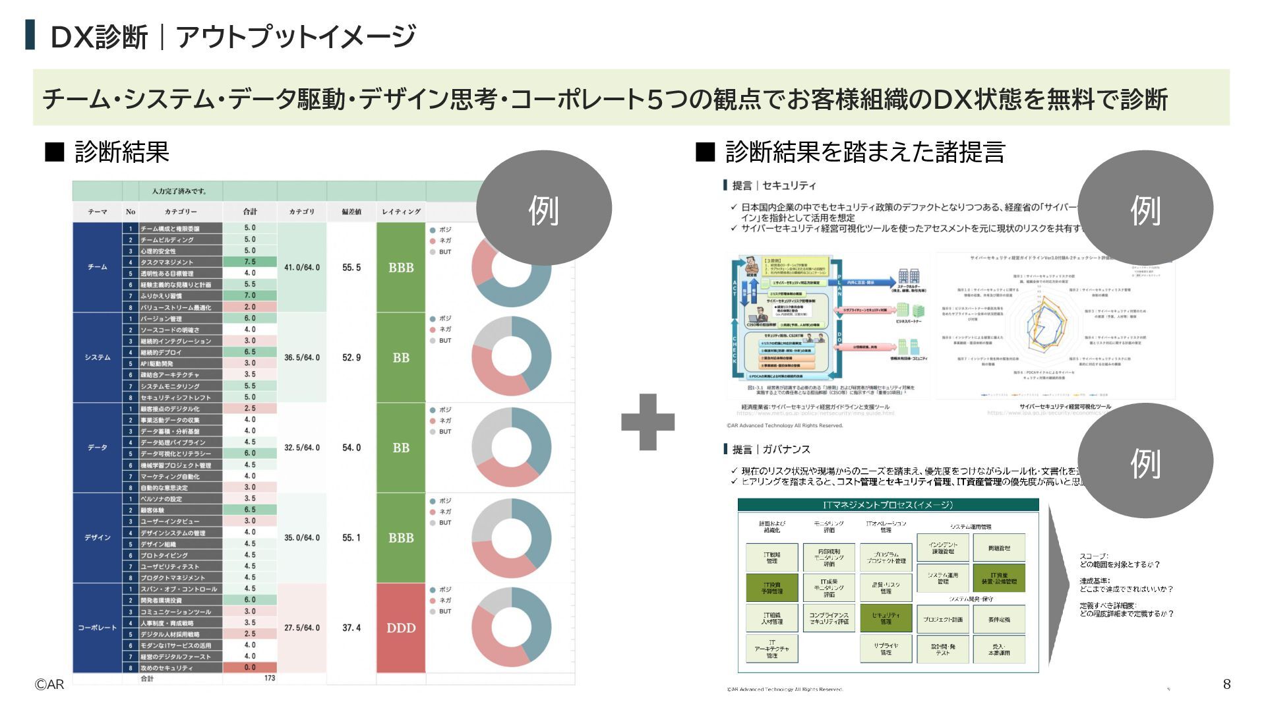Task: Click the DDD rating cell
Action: click(401, 628)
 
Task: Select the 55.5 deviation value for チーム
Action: click(351, 268)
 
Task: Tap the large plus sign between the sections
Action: click(648, 422)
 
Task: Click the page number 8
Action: click(1226, 684)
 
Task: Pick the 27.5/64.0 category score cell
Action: click(302, 628)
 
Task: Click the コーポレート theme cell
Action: click(97, 628)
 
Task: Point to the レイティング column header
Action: click(401, 212)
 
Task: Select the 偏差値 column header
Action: click(351, 212)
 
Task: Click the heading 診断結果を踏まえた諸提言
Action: click(864, 152)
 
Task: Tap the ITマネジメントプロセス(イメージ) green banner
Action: click(888, 505)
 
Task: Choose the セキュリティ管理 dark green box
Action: click(886, 618)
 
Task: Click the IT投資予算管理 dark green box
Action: click(771, 588)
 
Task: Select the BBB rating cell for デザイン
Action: click(401, 538)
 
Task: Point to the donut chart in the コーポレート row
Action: click(511, 627)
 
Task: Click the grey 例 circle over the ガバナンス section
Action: click(1145, 461)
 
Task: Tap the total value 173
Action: click(269, 678)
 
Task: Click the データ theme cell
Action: click(97, 448)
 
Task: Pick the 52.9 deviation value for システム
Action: click(351, 358)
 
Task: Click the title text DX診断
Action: click(99, 37)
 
